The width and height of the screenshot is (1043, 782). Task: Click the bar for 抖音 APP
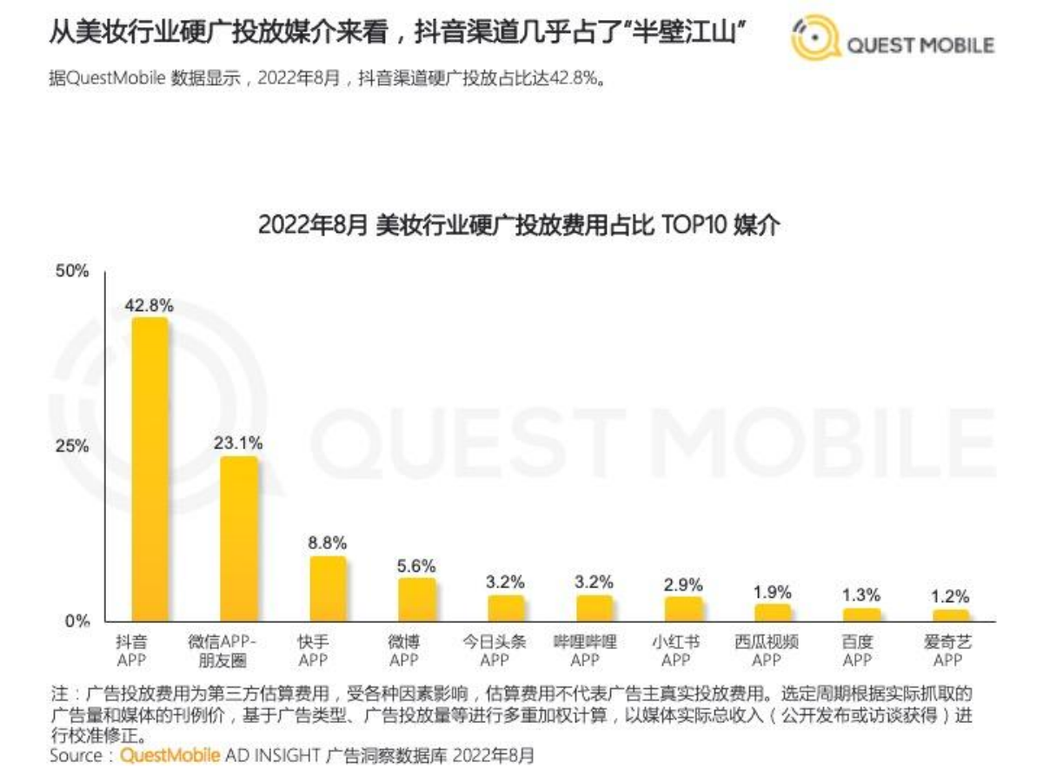[149, 469]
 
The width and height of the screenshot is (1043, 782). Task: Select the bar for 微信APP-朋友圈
[239, 539]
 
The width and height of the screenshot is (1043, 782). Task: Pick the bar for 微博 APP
[417, 600]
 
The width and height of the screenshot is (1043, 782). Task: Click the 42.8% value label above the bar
[149, 305]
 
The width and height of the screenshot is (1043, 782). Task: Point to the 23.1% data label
[239, 442]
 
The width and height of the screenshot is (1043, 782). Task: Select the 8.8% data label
[327, 543]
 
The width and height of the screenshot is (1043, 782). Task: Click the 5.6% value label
[416, 566]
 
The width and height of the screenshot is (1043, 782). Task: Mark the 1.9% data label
[772, 592]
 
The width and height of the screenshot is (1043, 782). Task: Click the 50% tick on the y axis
[73, 271]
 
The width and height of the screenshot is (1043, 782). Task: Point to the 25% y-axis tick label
[73, 447]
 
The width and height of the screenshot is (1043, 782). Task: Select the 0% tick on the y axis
[76, 621]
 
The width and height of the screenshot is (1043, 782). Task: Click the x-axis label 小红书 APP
[675, 652]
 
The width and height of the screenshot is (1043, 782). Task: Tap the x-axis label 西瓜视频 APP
[766, 652]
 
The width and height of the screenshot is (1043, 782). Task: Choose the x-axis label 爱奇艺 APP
[948, 652]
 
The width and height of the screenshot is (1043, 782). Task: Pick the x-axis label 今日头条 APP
[495, 652]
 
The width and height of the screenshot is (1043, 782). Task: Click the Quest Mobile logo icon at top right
[815, 40]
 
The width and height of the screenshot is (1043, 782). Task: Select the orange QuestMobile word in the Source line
[169, 756]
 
